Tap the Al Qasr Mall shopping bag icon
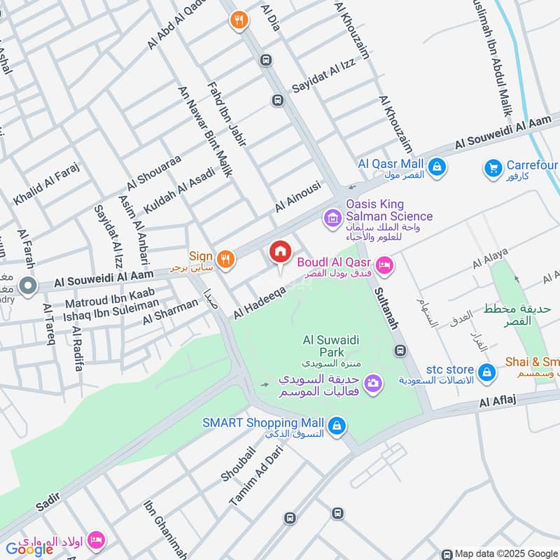click(x=437, y=167)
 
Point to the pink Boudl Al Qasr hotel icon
click(x=384, y=265)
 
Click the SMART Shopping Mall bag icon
click(x=337, y=425)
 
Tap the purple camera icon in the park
click(x=373, y=382)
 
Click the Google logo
click(x=29, y=549)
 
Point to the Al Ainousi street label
click(x=297, y=197)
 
